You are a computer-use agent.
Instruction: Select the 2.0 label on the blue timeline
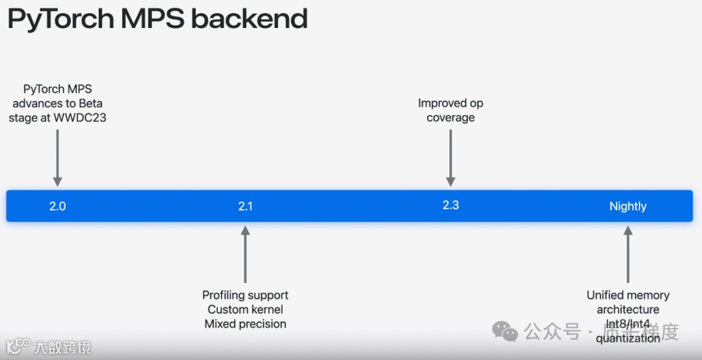coord(57,206)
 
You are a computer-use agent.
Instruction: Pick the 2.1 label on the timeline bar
coord(245,206)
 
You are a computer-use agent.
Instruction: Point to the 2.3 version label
coord(450,205)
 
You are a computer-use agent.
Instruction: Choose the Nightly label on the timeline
coord(628,206)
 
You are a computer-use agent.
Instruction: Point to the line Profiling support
coord(245,295)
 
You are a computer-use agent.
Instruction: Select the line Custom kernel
coord(245,309)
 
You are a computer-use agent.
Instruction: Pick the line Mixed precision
coord(245,324)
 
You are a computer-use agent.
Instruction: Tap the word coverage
coord(450,118)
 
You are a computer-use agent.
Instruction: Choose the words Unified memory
coord(628,295)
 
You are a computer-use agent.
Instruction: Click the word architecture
coord(628,309)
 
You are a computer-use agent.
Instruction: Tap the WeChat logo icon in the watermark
coord(505,331)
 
